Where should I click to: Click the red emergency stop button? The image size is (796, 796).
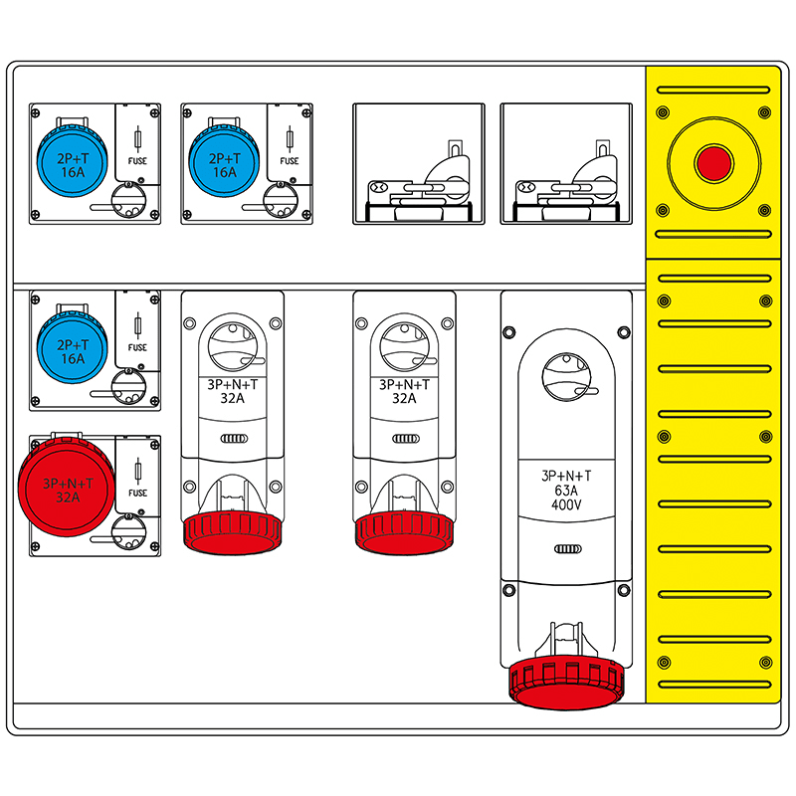click(x=713, y=163)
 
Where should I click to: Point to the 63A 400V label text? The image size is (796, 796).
click(x=566, y=490)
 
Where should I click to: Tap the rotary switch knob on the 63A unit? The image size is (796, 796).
click(x=566, y=377)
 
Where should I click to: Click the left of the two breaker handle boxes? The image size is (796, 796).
click(x=418, y=163)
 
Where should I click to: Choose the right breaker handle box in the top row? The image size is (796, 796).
click(x=565, y=163)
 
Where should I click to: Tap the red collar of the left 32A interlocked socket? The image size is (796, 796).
click(x=233, y=531)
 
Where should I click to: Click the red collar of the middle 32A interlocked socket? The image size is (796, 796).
click(x=404, y=531)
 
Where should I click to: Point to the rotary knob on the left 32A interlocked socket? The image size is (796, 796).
click(x=233, y=343)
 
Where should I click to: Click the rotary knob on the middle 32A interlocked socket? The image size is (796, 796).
click(x=404, y=343)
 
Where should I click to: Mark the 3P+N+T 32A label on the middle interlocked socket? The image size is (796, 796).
click(x=404, y=391)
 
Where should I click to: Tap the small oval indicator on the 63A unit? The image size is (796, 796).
click(x=566, y=548)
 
